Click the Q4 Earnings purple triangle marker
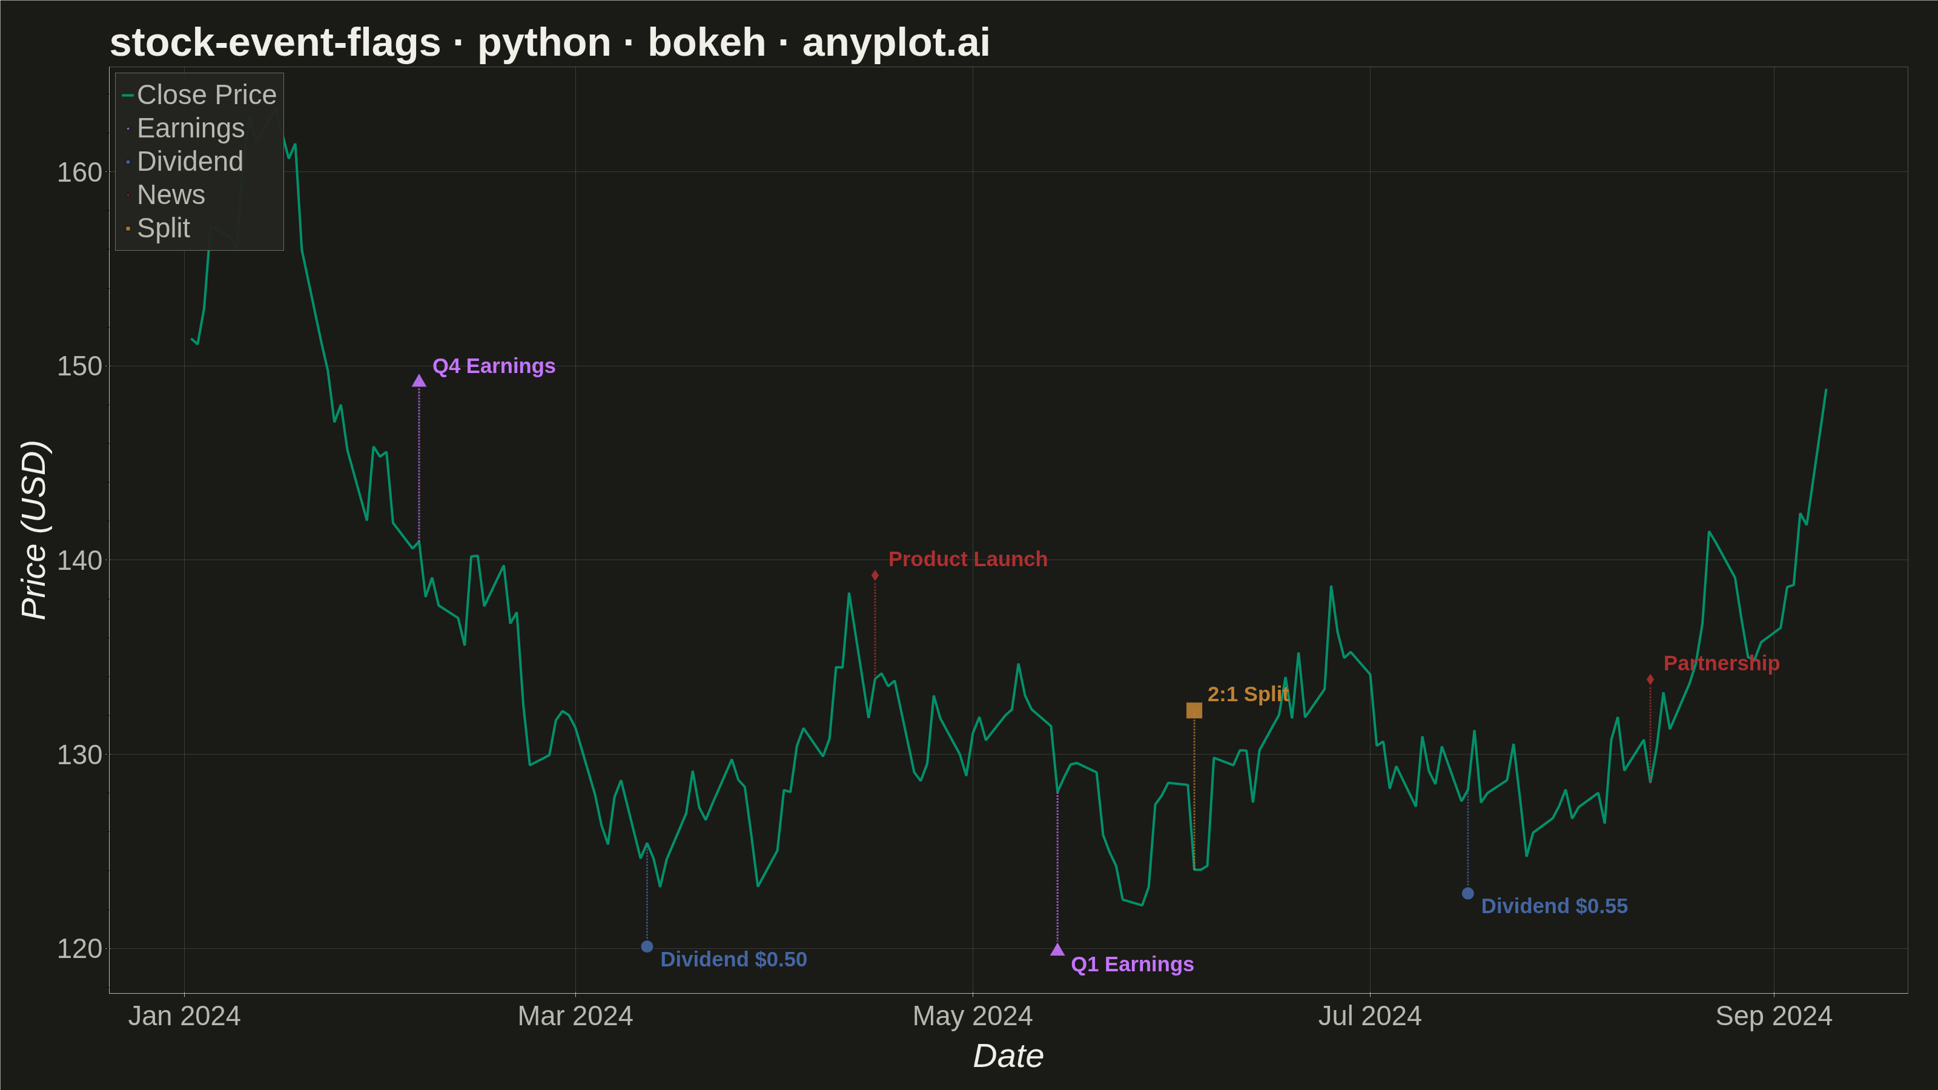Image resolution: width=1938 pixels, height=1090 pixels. coord(419,381)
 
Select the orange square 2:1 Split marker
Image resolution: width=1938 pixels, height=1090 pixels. coord(1194,710)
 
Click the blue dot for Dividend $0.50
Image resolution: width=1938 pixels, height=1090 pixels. coord(647,946)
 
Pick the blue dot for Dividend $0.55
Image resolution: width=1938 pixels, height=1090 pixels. coord(1468,894)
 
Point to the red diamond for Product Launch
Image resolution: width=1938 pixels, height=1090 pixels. coord(875,575)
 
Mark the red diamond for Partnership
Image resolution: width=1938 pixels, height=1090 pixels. coord(1650,680)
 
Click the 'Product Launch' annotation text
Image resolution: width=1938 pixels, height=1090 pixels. coord(968,559)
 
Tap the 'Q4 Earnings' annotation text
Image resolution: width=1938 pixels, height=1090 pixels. coord(494,366)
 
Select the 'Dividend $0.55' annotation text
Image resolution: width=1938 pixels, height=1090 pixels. coord(1554,906)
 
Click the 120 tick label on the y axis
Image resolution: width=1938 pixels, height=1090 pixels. coord(79,948)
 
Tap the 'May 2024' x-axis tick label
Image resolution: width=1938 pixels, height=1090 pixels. coord(972,1016)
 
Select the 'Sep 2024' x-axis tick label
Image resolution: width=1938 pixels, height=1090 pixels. coord(1773,1016)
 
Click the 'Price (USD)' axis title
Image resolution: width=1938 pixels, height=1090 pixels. coord(34,530)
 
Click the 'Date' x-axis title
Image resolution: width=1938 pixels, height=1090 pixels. coord(1008,1056)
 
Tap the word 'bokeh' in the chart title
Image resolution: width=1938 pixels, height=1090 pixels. coord(706,42)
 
